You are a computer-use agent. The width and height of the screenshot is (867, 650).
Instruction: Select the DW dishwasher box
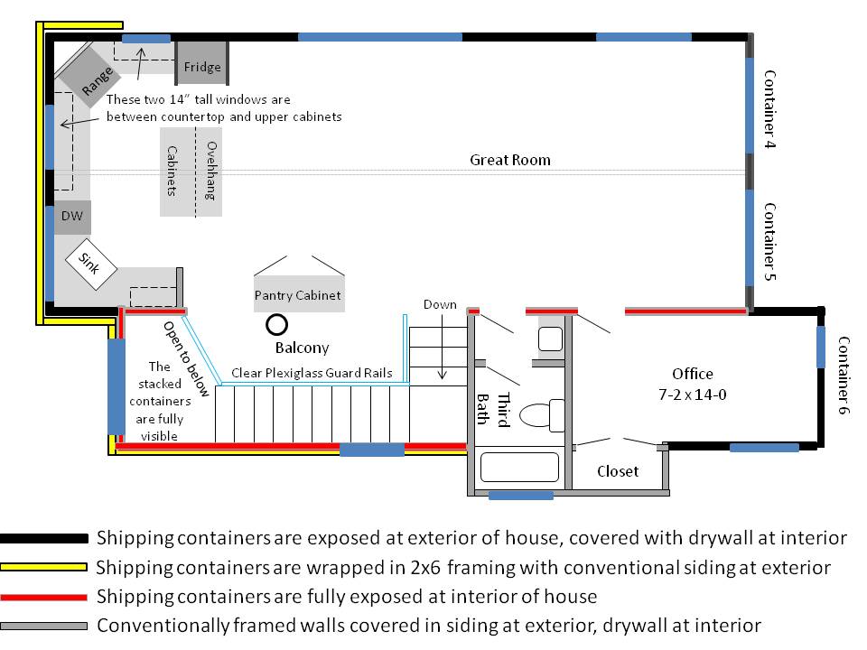coord(71,217)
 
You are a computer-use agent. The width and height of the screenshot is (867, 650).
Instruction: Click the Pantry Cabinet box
coord(298,294)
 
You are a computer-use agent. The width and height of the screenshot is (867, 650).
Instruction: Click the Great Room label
coord(509,160)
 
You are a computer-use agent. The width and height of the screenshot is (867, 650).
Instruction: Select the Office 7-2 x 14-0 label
coord(693,383)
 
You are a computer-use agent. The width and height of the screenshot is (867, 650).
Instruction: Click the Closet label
coord(618,470)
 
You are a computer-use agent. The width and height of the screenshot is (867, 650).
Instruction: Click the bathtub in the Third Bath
coord(519,467)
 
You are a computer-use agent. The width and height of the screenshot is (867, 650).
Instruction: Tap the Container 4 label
coord(770,108)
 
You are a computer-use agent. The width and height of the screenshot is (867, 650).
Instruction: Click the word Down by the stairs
coord(440,305)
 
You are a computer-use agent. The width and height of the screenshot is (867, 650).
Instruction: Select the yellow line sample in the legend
coord(44,568)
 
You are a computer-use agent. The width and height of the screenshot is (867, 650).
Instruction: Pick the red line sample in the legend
coord(44,597)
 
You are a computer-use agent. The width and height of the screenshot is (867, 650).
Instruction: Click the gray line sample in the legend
coord(44,625)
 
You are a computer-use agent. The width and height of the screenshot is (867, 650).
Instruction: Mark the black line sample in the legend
coord(44,539)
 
